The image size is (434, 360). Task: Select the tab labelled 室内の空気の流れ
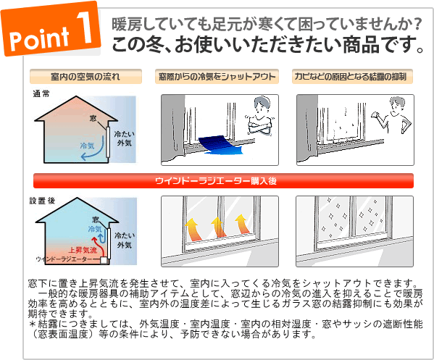pos(85,76)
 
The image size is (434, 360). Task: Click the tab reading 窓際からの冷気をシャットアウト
pos(217,76)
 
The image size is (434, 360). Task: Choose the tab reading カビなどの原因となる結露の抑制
pos(352,76)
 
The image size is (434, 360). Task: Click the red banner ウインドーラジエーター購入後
pos(223,180)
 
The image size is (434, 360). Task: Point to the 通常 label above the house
pos(41,94)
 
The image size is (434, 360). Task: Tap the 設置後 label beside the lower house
pos(42,201)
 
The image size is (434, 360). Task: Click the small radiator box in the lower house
pos(104,260)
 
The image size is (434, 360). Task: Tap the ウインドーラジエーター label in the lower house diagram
pos(64,259)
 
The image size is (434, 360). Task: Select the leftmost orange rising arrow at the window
pos(193,230)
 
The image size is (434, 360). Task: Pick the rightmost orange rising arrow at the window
pos(243,225)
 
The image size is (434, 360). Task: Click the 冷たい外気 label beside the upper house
pos(125,138)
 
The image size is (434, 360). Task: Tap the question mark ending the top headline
pos(417,25)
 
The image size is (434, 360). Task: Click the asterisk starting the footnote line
pos(33,324)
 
